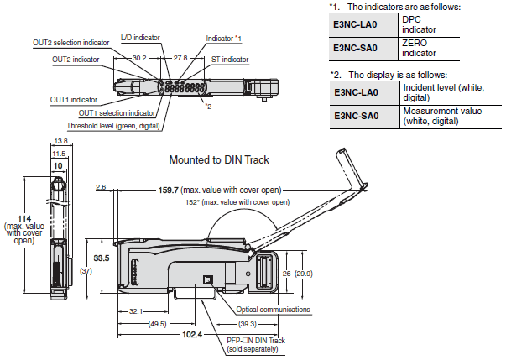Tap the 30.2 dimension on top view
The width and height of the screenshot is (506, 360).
point(140,59)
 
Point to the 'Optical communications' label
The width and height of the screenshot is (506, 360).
point(279,310)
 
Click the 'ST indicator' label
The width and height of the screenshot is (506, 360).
point(230,60)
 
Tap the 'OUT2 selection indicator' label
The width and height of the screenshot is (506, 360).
point(73,41)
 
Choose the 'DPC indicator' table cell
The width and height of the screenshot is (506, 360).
point(420,25)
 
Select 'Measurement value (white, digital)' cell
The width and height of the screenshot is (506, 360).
point(441,115)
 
